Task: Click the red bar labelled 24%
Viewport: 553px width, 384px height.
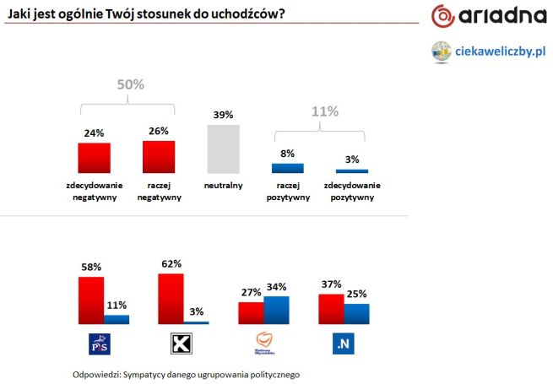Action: point(94,157)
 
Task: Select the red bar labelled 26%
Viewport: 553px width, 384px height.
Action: point(159,156)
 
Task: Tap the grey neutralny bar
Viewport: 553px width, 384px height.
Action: point(223,149)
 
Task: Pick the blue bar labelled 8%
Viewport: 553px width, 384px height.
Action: point(287,168)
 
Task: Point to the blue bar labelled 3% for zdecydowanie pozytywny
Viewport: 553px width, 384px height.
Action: point(351,171)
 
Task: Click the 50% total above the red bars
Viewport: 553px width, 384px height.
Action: point(129,84)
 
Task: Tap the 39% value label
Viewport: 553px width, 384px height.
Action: point(223,114)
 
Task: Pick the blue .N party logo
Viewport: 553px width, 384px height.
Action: point(344,344)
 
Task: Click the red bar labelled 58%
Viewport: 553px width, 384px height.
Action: point(91,300)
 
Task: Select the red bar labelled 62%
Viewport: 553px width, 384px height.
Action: point(171,298)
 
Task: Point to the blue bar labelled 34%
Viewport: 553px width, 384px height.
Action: point(276,310)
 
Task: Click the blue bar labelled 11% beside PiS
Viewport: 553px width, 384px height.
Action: point(117,319)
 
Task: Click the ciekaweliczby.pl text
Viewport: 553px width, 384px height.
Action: point(501,51)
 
